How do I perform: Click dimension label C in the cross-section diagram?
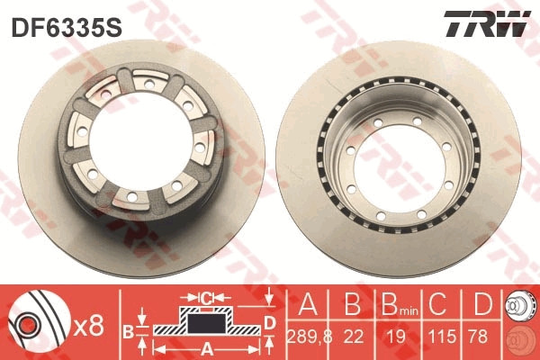click(206, 297)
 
